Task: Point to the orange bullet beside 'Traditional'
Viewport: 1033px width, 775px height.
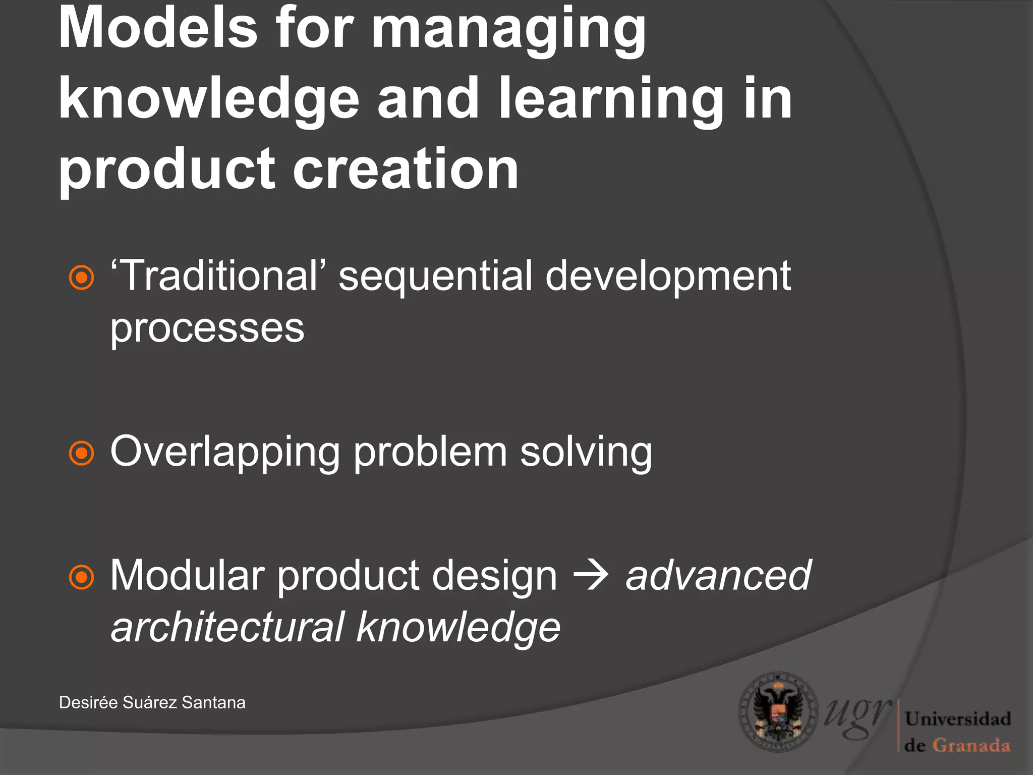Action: pyautogui.click(x=81, y=278)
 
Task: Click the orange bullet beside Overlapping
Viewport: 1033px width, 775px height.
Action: pyautogui.click(x=81, y=453)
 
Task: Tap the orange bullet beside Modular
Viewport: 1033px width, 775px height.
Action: pyautogui.click(x=81, y=577)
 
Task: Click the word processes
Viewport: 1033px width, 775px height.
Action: pyautogui.click(x=207, y=329)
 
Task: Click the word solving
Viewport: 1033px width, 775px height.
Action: pyautogui.click(x=586, y=452)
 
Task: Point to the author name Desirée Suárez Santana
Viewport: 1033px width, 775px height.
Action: pyautogui.click(x=152, y=702)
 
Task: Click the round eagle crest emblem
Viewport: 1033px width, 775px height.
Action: pyautogui.click(x=778, y=712)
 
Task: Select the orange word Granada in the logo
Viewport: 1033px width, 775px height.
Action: pyautogui.click(x=970, y=745)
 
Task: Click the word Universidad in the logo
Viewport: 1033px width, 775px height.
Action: pyautogui.click(x=957, y=718)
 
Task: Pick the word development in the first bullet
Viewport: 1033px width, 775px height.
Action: pyautogui.click(x=668, y=276)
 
